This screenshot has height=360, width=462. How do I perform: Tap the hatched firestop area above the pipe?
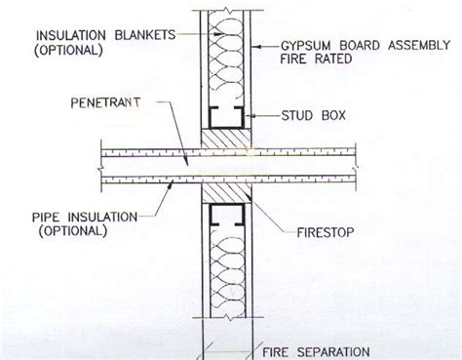click(x=225, y=140)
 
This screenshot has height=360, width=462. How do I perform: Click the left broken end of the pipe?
click(x=103, y=167)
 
